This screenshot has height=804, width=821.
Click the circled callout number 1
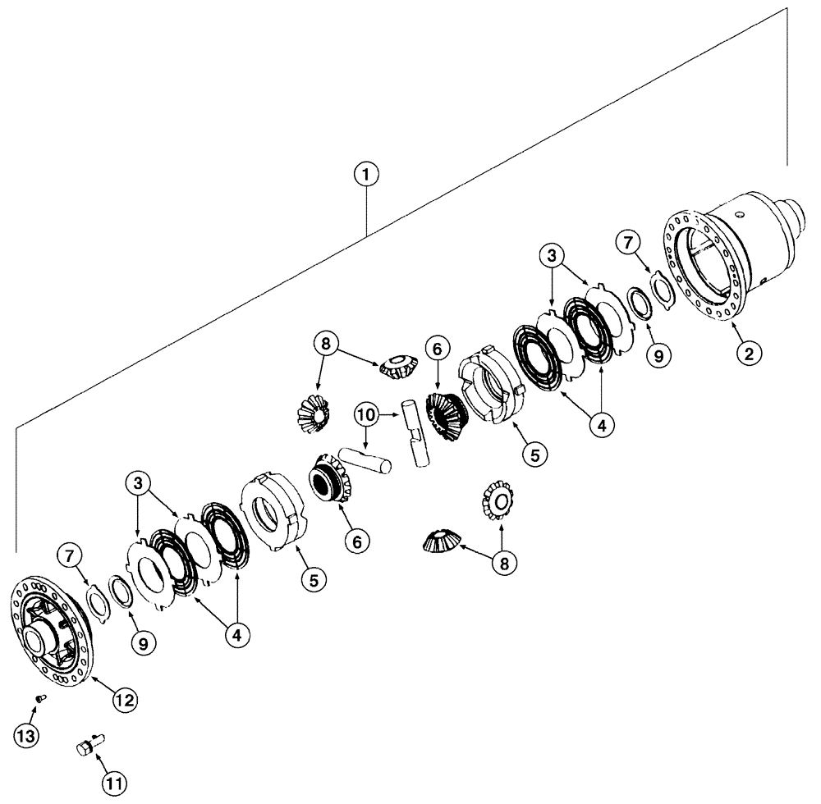point(366,174)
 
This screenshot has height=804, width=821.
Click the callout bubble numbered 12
point(126,700)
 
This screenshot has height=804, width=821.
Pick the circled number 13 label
point(28,736)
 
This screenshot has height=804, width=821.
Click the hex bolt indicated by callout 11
point(85,748)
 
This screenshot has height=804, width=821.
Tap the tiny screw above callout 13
point(39,698)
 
